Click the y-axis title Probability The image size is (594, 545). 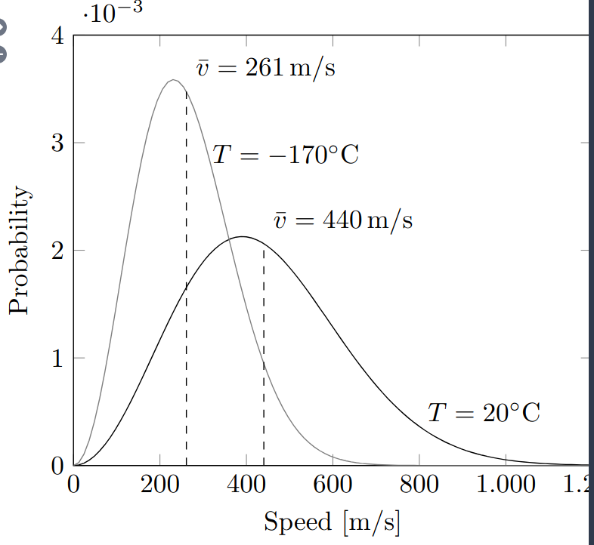(x=20, y=250)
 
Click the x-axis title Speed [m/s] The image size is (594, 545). (x=331, y=522)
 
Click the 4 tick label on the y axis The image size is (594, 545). (x=57, y=36)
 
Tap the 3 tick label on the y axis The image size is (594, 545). (x=57, y=143)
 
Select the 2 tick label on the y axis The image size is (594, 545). (x=57, y=251)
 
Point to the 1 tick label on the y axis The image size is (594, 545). (x=57, y=358)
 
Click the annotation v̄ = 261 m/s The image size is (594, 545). (x=266, y=68)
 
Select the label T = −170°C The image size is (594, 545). (x=285, y=155)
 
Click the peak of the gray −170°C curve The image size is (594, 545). (x=174, y=79)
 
